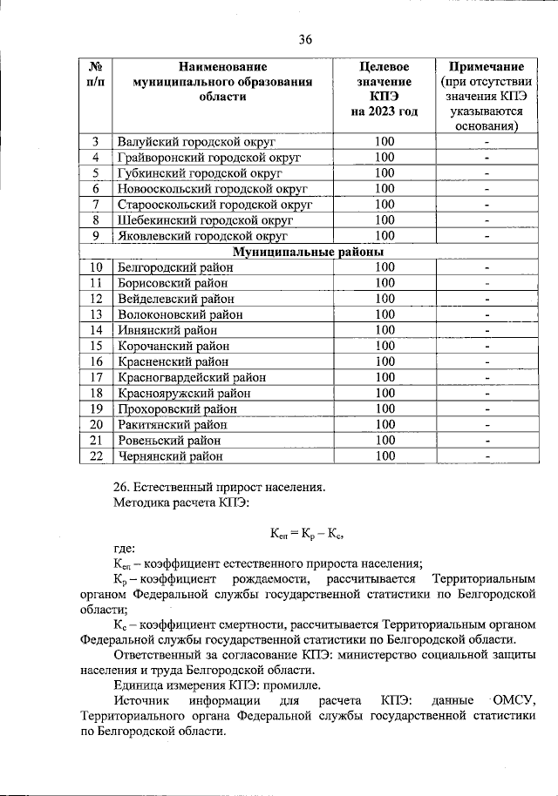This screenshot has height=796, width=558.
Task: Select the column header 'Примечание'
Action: coord(487,66)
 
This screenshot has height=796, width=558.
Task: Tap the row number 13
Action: coord(97,314)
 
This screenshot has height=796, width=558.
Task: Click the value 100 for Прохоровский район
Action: coord(384,408)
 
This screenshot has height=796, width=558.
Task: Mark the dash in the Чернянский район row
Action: coord(487,455)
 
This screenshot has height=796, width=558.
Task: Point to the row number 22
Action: coord(97,455)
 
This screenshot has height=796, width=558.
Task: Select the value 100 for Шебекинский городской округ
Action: coord(384,220)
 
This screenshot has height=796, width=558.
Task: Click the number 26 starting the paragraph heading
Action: coord(122,487)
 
